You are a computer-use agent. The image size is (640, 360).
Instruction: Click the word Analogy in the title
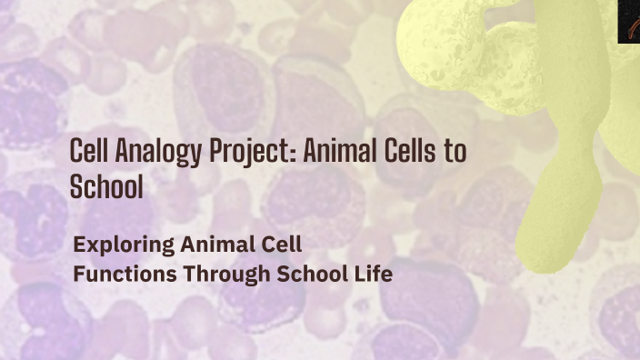click(145, 153)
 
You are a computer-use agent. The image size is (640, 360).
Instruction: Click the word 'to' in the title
click(455, 153)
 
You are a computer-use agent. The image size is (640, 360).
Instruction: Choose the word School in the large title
click(106, 186)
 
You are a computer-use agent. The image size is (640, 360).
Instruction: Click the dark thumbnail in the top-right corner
click(629, 21)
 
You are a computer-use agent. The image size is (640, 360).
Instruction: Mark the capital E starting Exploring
click(79, 245)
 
